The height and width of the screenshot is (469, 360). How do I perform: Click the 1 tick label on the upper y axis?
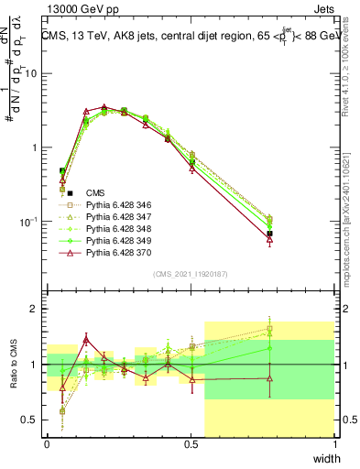tap(36, 147)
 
